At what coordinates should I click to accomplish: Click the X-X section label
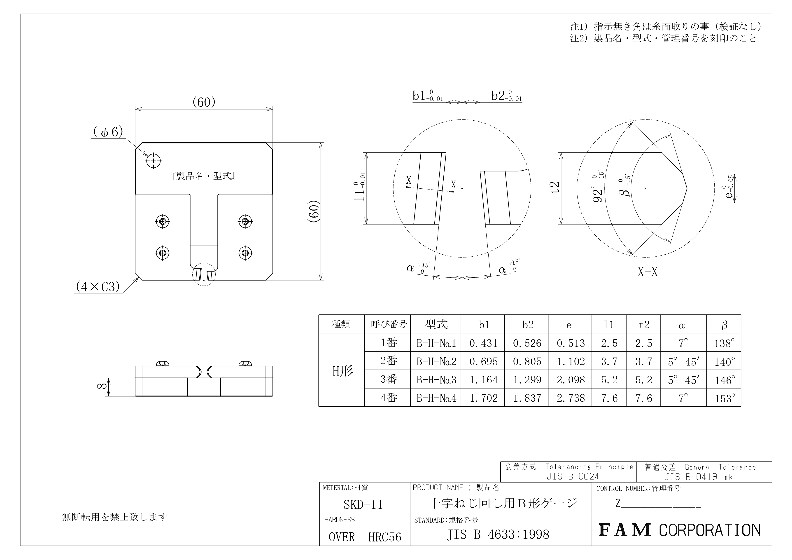[648, 272]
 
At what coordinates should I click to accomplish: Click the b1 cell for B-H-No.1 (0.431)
[483, 343]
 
